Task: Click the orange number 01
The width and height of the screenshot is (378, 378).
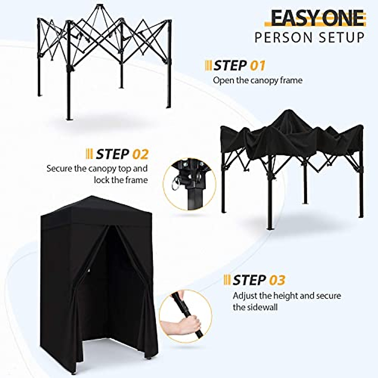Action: tap(258, 66)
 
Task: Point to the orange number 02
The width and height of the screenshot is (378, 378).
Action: tap(140, 154)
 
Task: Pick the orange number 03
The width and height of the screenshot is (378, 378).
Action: tap(277, 280)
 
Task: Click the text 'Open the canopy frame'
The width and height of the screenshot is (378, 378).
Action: tap(258, 80)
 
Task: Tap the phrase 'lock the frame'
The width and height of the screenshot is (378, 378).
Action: tap(121, 180)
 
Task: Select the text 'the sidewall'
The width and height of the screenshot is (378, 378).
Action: tap(255, 307)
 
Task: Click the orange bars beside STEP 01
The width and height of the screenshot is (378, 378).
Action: tap(208, 66)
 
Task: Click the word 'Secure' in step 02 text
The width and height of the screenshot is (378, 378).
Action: tap(60, 168)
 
